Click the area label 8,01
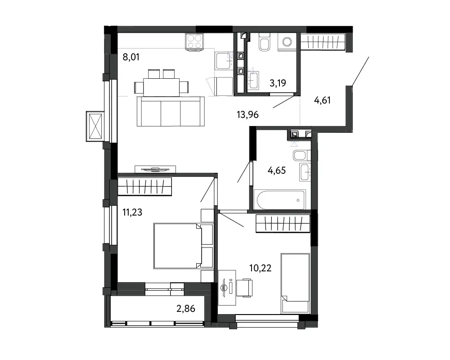pyautogui.click(x=131, y=57)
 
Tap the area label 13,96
pyautogui.click(x=247, y=115)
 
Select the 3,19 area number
pyautogui.click(x=278, y=83)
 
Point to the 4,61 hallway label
pyautogui.click(x=322, y=100)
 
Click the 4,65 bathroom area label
pyautogui.click(x=277, y=171)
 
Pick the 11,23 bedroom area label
pyautogui.click(x=132, y=212)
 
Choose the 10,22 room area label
pyautogui.click(x=260, y=268)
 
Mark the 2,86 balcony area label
pyautogui.click(x=186, y=309)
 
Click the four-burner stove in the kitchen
pyautogui.click(x=194, y=42)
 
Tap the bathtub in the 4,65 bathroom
pyautogui.click(x=280, y=200)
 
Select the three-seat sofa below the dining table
pyautogui.click(x=171, y=112)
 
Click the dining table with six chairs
pyautogui.click(x=161, y=83)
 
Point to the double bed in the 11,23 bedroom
pyautogui.click(x=178, y=246)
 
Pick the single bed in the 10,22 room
pyautogui.click(x=295, y=283)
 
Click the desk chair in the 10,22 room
pyautogui.click(x=244, y=288)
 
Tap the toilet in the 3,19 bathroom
pyautogui.click(x=264, y=42)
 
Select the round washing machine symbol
pyautogui.click(x=288, y=42)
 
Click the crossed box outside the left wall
pyautogui.click(x=95, y=126)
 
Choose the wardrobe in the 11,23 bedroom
pyautogui.click(x=144, y=187)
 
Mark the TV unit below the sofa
pyautogui.click(x=155, y=169)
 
